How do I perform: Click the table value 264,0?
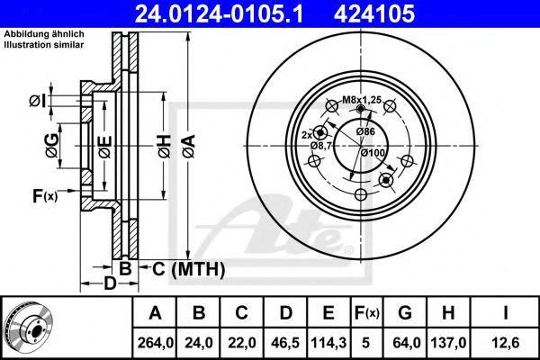pos(155,341)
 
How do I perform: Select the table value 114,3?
pos(325,341)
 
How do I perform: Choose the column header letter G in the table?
pos(404,313)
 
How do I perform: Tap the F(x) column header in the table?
pos(365,313)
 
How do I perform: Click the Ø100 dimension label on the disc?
pos(373,154)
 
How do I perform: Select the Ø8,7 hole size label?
pos(321,145)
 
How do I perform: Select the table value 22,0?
pos(240,341)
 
